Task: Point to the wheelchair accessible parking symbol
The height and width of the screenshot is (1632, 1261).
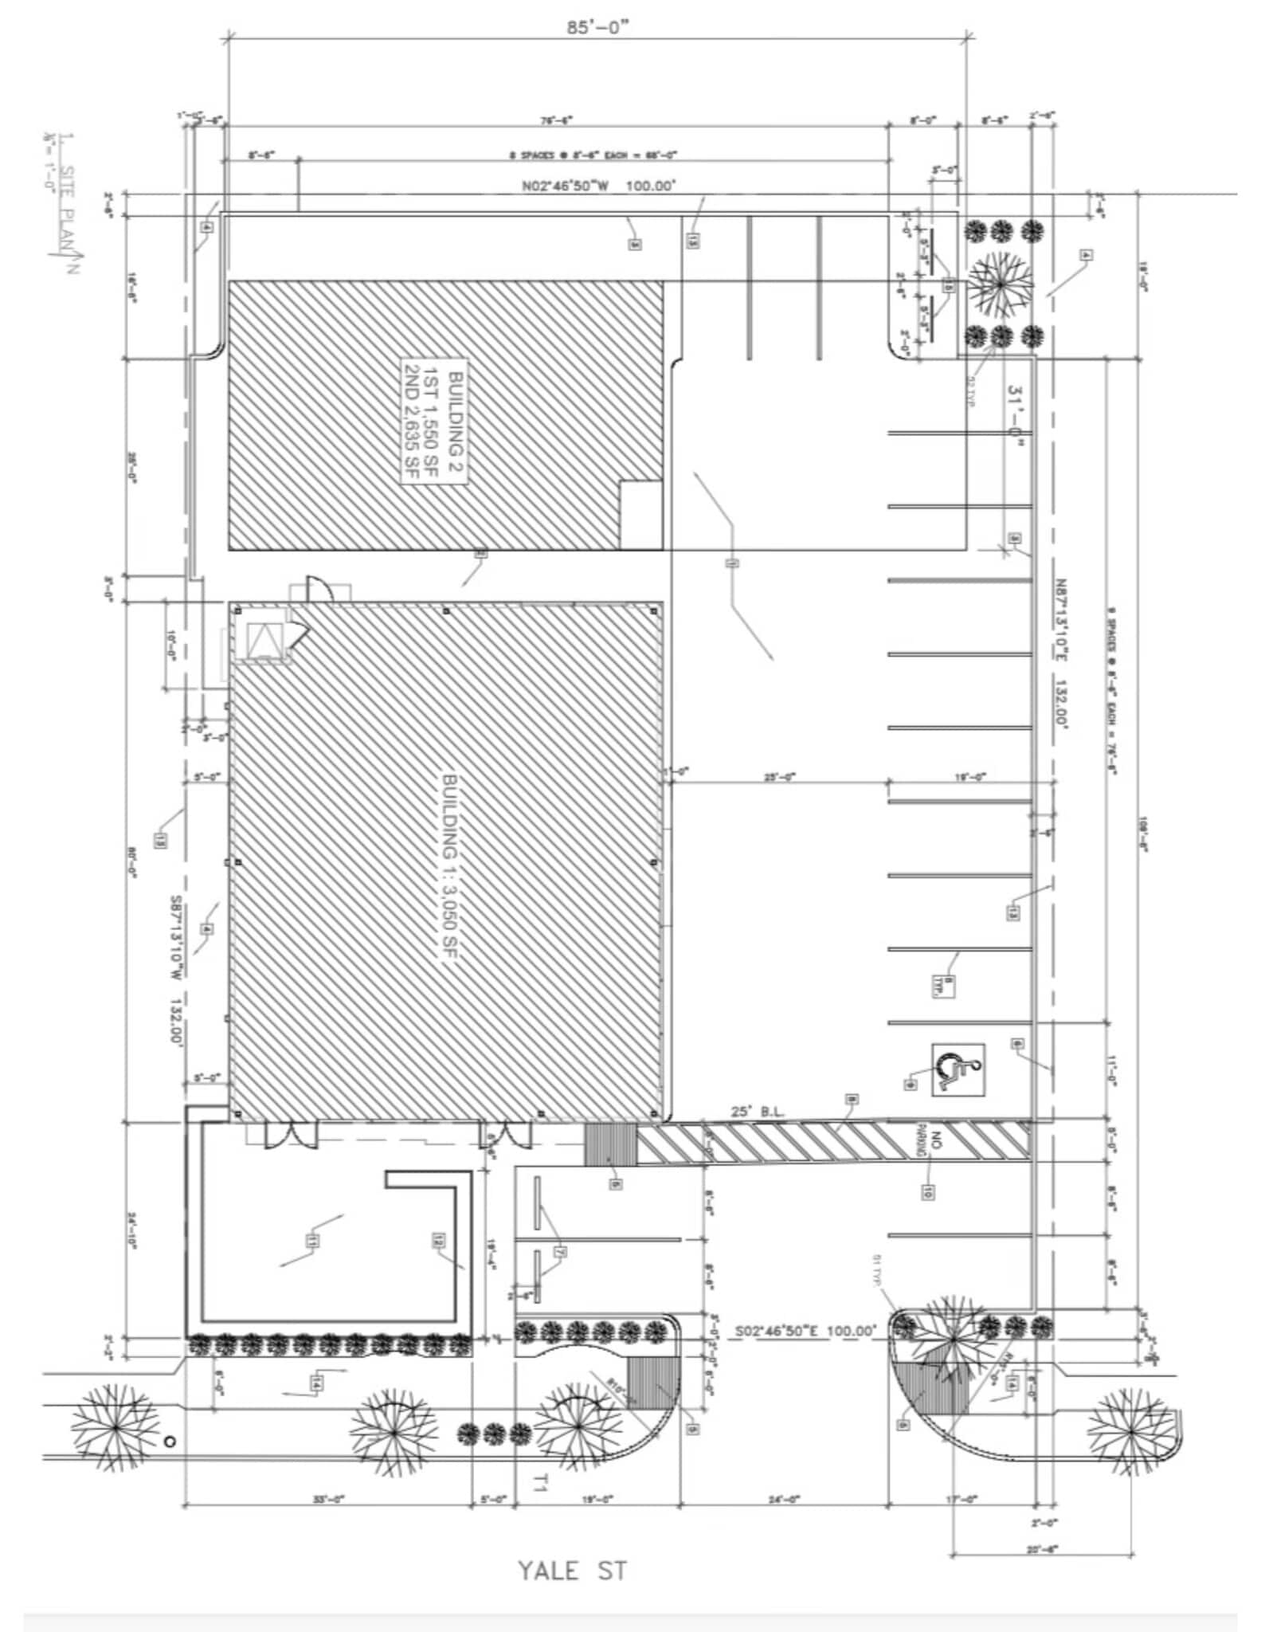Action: point(958,1068)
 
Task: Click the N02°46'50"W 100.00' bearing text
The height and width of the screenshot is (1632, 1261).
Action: point(598,186)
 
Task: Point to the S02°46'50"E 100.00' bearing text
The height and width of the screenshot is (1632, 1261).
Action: point(805,1330)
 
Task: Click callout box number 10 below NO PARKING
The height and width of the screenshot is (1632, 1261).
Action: point(927,1192)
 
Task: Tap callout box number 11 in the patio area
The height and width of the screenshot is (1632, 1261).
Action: point(311,1240)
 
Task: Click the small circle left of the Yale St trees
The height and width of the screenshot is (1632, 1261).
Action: point(168,1441)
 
